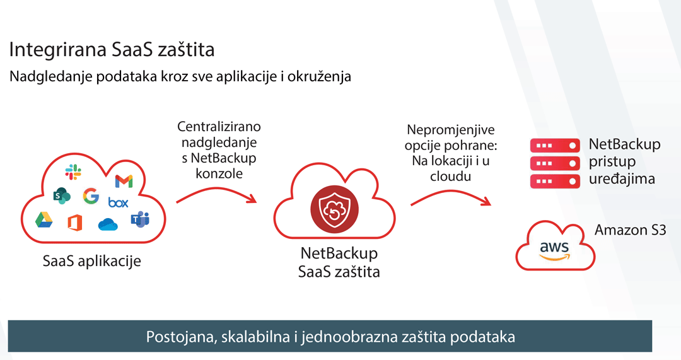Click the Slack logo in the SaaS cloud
[x=73, y=172]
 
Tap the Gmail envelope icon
[x=124, y=181]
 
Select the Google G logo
[x=91, y=196]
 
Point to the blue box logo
[x=118, y=202]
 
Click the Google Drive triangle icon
[x=44, y=220]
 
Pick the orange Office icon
[x=74, y=223]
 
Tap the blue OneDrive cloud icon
[x=108, y=224]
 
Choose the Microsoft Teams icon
[x=140, y=219]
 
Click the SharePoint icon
[x=62, y=196]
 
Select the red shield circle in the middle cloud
[x=334, y=209]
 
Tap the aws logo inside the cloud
[x=554, y=250]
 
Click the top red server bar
[x=555, y=146]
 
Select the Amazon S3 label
[x=630, y=229]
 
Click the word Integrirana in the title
[x=57, y=50]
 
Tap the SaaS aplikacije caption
[x=91, y=261]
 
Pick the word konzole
[x=219, y=173]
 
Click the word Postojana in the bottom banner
[x=181, y=337]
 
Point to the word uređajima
[x=622, y=178]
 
